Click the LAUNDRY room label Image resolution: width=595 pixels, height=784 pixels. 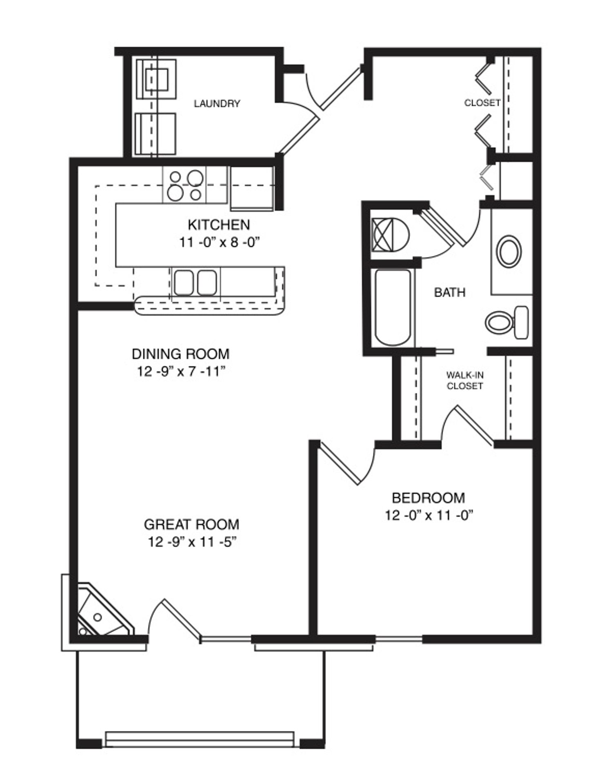217,104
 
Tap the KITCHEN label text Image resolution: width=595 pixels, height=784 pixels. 219,225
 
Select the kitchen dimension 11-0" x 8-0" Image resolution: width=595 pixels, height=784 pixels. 220,243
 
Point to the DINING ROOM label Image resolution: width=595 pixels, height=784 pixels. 180,354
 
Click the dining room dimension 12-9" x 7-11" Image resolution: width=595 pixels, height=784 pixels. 181,372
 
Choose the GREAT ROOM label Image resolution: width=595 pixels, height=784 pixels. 191,524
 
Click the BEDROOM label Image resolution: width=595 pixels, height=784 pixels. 428,498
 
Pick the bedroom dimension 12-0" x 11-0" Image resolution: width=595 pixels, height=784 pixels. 428,515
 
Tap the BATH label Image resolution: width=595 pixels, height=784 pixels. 450,292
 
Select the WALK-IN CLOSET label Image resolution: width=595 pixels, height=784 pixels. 465,381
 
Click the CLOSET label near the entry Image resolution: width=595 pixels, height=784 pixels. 482,102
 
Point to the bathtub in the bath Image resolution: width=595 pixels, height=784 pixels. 393,307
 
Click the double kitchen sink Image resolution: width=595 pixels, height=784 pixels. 195,282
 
